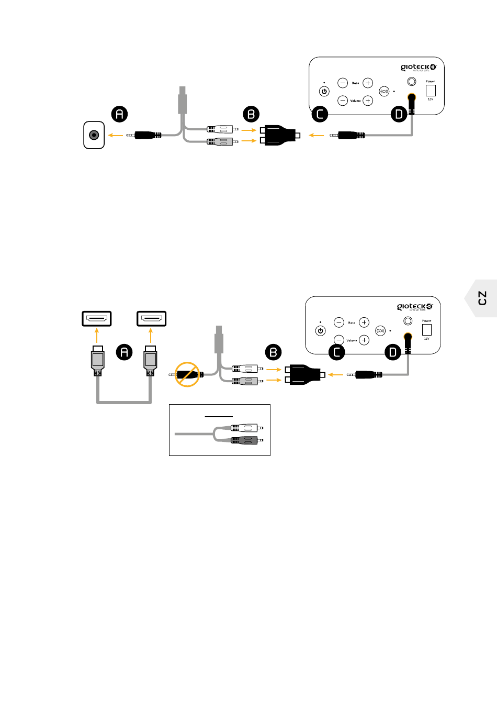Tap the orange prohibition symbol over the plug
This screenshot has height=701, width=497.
(187, 374)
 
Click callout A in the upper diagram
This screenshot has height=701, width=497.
(120, 114)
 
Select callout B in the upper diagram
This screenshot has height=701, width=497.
(252, 114)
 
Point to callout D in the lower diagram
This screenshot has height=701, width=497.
(393, 352)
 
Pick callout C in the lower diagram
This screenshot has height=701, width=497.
(337, 352)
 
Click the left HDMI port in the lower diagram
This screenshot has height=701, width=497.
(97, 318)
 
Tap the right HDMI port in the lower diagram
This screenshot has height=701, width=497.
(151, 318)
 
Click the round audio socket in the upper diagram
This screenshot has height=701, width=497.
(94, 135)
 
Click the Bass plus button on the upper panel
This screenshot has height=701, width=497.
(368, 83)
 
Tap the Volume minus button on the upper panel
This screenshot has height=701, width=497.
(343, 101)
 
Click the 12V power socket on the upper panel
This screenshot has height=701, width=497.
(431, 90)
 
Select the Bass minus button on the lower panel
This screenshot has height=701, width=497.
(339, 322)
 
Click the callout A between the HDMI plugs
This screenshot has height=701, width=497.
(124, 352)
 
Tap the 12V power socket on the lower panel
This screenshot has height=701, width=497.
(427, 329)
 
